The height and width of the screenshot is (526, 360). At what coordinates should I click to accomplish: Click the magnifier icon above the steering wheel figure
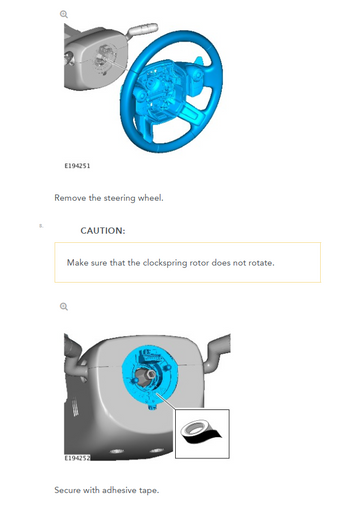coord(64,14)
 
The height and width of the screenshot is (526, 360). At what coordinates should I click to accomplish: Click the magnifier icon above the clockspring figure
coord(64,307)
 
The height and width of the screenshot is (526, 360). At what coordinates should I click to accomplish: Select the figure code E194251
coord(77,165)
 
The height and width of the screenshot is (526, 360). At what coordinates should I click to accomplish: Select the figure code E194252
coord(77,458)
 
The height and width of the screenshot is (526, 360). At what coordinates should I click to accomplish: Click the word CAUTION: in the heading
coord(103,231)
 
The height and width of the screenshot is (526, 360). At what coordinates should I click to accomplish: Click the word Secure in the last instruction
coord(67,490)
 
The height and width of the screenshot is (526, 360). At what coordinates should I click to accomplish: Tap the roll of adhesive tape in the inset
coord(201,432)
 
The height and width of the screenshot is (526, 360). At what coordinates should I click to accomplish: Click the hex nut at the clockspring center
coord(151,373)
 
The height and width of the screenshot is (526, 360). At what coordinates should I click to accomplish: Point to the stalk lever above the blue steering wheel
coord(142,29)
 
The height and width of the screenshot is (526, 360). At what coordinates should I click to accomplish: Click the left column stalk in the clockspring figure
coord(73,351)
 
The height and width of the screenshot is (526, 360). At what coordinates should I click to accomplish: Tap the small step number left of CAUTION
coord(41,226)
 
